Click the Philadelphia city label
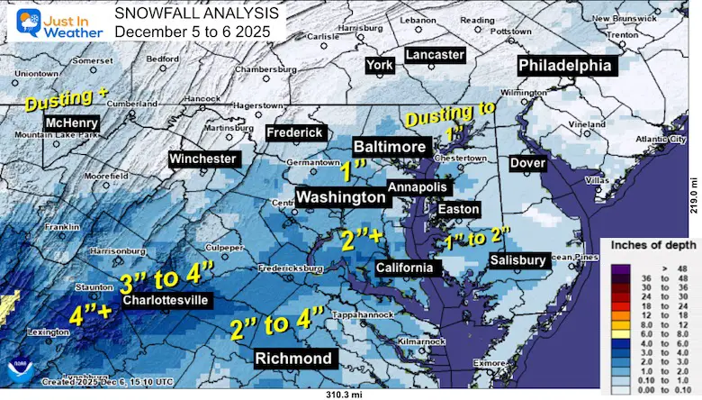coord(564,66)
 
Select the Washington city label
coord(341,196)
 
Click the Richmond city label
coord(295,358)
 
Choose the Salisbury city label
coord(517,260)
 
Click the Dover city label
coord(527,163)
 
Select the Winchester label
coord(203,159)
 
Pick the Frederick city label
coord(294,132)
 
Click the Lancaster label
coord(435,55)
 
